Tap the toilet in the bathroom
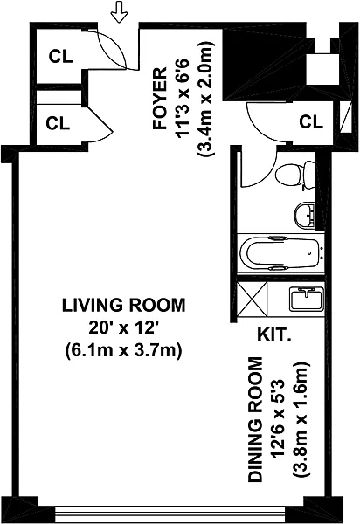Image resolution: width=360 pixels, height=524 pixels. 295,175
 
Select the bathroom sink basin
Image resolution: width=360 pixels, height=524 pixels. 304,215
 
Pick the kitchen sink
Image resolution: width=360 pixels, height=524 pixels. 307,299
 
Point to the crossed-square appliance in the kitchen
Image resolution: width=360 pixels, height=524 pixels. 252,299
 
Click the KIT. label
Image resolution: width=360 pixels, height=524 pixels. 273,334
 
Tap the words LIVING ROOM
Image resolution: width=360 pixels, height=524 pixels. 124,305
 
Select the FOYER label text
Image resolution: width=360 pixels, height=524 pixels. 160,99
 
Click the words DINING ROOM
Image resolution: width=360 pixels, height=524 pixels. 255,420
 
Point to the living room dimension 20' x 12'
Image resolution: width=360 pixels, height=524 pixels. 123,328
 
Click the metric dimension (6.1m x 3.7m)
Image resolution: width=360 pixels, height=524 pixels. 123,351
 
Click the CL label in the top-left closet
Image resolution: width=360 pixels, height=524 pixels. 60,57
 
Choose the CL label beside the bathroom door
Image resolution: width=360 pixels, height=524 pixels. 311,121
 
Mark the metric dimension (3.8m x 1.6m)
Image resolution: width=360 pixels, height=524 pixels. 301,420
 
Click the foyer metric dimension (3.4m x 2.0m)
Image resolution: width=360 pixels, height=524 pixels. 206,99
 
